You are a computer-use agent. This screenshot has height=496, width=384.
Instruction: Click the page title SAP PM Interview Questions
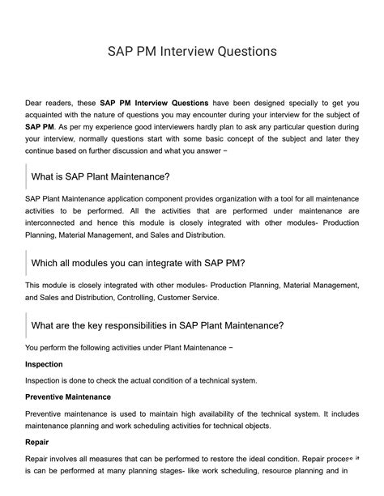tap(192, 51)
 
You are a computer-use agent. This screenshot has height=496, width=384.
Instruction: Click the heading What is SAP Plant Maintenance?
tap(100, 176)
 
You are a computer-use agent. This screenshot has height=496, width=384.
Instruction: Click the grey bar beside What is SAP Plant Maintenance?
tap(26, 176)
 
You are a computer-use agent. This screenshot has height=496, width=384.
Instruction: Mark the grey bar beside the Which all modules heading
tap(26, 263)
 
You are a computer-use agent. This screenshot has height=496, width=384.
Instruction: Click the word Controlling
tap(135, 298)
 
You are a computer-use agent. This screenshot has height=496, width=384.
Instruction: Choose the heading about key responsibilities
tap(157, 325)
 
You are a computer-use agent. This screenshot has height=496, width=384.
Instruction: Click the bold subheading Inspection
tap(44, 364)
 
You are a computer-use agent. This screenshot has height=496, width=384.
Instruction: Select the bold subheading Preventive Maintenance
tap(68, 397)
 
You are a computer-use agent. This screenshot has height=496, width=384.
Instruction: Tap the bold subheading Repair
tap(37, 443)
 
